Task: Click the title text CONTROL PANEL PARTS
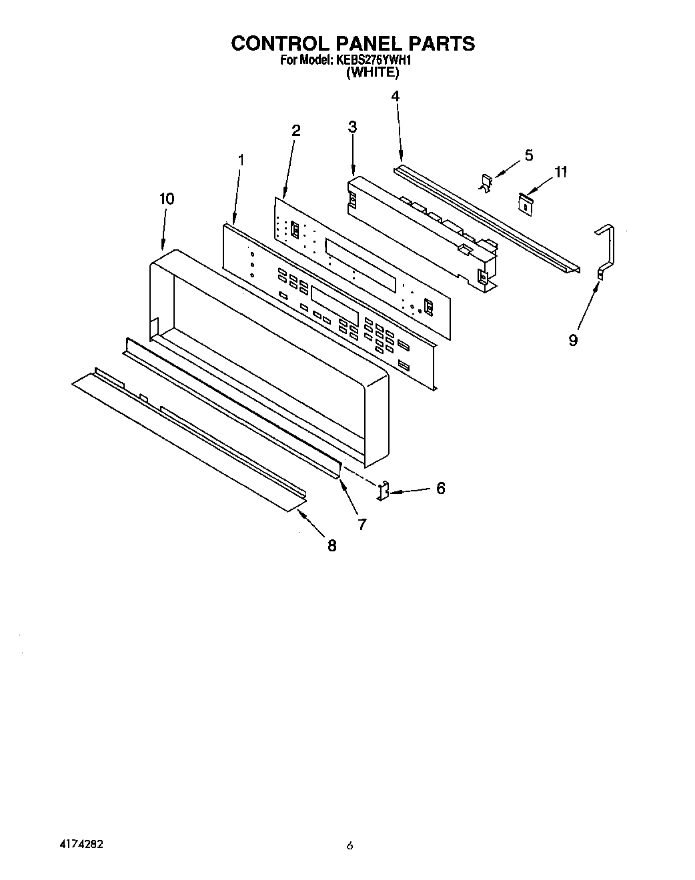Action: (353, 43)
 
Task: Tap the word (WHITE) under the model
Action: (372, 73)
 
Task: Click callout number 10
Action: (167, 198)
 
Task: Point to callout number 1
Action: (241, 160)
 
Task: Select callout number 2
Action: (295, 131)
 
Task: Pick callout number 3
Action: (352, 127)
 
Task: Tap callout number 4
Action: (395, 96)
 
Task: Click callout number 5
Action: (529, 155)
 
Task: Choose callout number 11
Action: (560, 172)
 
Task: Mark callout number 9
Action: (573, 340)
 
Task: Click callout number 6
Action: (440, 488)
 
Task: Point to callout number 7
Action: (362, 524)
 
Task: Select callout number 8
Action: (331, 546)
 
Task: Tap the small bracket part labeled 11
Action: (527, 203)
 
